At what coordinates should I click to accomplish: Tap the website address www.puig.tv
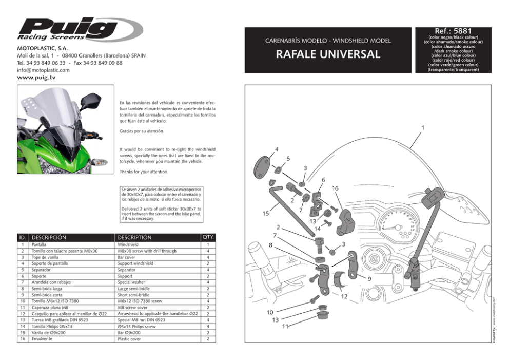tap(36, 78)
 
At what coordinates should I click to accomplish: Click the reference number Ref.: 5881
tap(453, 31)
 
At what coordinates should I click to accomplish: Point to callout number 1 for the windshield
tap(423, 127)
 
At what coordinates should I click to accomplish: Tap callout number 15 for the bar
tap(265, 213)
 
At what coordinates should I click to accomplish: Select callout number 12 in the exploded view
tap(344, 296)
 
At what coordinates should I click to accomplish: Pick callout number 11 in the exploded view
tap(285, 326)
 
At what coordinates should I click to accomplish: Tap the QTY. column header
tap(208, 237)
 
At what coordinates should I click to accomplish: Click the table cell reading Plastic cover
tap(129, 339)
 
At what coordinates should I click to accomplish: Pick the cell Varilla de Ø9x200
tap(49, 333)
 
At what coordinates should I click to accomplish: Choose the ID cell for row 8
tap(23, 289)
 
